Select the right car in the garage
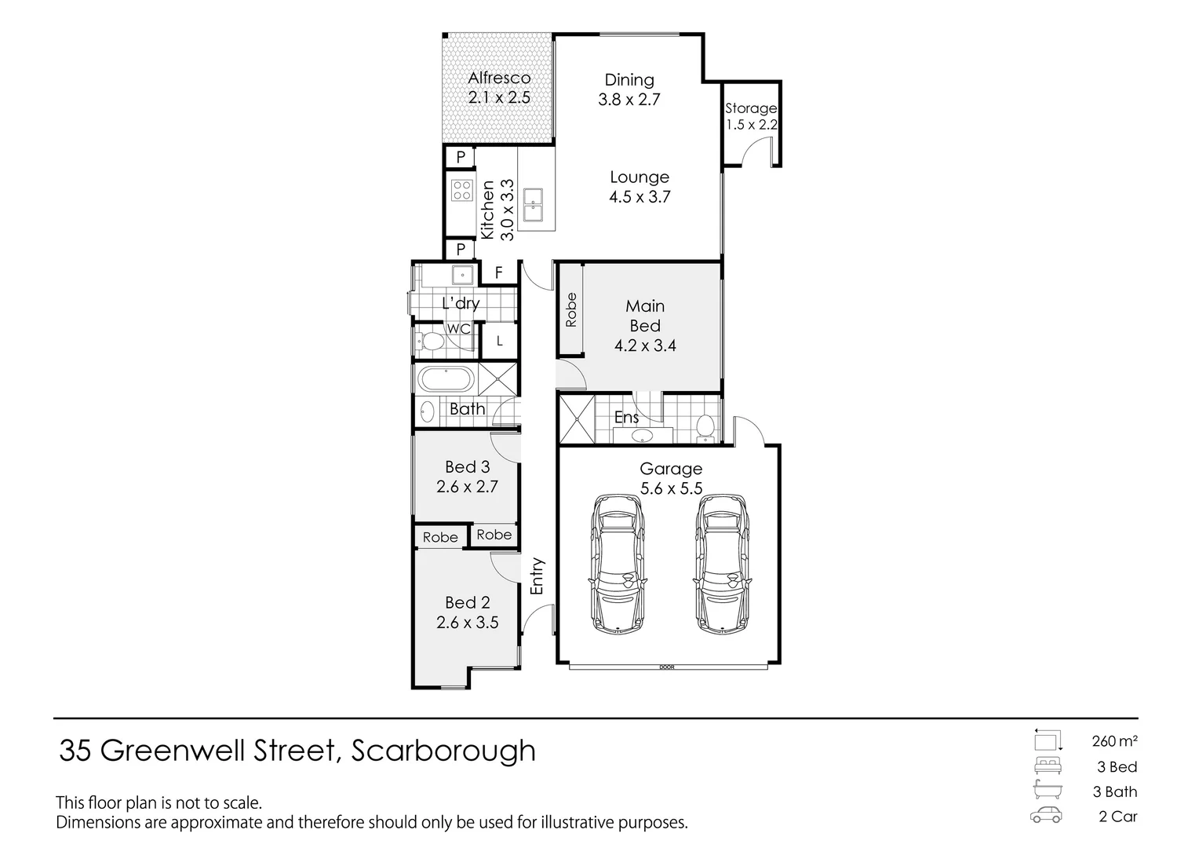pos(721,563)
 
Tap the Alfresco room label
pos(499,78)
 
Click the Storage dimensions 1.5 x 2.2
pos(751,125)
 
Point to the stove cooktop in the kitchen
pos(461,189)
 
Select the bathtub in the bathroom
pos(445,380)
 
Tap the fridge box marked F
pos(498,273)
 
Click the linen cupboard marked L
pos(499,342)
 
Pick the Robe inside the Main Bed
pos(570,309)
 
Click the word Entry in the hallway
pos(538,576)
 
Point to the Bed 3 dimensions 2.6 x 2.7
pos(467,487)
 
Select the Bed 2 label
pos(467,602)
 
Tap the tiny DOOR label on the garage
pos(666,667)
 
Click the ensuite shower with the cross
pos(577,419)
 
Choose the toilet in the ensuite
pos(705,426)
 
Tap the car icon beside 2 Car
pos(1047,816)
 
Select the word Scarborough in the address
pos(443,751)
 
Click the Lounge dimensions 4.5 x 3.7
pos(640,197)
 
